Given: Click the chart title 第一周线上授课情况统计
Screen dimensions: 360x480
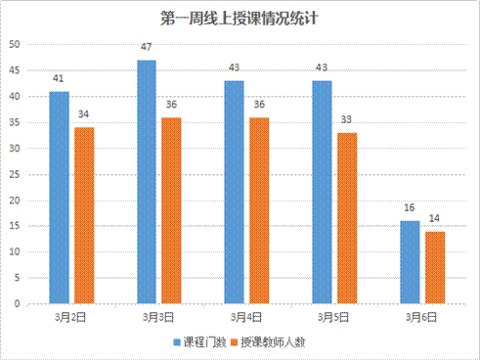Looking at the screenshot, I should tap(240, 18).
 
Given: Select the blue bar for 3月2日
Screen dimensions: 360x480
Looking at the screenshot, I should tap(60, 197).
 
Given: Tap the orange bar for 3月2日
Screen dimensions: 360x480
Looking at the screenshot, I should tap(84, 215).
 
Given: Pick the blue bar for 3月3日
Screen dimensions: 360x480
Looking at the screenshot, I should tap(147, 181).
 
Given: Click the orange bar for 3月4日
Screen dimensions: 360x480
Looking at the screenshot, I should tap(259, 210).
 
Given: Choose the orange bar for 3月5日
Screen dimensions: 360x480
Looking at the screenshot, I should tap(347, 218).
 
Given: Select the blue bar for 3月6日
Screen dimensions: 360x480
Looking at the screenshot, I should tap(410, 262).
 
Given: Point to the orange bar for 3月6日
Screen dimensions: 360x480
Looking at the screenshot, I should tap(434, 267).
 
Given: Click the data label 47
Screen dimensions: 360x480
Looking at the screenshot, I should tap(147, 48).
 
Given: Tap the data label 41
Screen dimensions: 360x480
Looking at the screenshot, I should tap(60, 79).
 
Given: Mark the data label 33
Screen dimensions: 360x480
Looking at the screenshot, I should tap(347, 120).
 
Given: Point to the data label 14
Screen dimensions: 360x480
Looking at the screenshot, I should tap(434, 219).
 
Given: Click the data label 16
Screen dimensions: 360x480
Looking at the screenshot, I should tap(410, 208).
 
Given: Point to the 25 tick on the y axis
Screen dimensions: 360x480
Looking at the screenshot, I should tap(15, 174).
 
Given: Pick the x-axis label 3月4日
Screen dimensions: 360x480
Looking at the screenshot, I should tap(246, 318).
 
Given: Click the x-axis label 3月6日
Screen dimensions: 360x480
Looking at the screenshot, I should tap(421, 318).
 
